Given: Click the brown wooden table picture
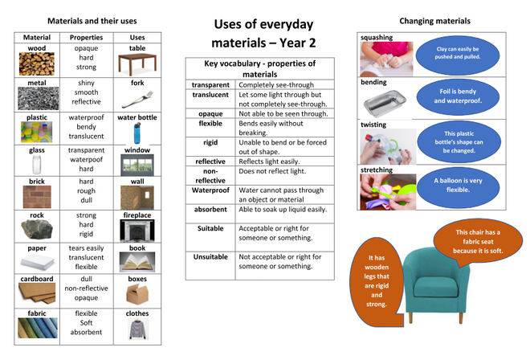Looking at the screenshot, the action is pyautogui.click(x=137, y=64).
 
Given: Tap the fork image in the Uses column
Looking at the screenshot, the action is pyautogui.click(x=137, y=100).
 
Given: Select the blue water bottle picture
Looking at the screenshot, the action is pyautogui.click(x=137, y=133).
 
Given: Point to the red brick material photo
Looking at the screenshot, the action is pyautogui.click(x=37, y=197).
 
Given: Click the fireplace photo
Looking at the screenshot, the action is pyautogui.click(x=137, y=231).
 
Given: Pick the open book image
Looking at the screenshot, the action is pyautogui.click(x=137, y=262).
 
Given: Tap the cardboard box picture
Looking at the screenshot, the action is pyautogui.click(x=137, y=294).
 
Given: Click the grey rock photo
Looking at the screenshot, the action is pyautogui.click(x=37, y=229).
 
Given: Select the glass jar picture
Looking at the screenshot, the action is pyautogui.click(x=36, y=164).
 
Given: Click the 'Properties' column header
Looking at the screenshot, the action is pyautogui.click(x=86, y=37).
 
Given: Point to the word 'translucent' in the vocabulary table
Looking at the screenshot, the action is pyautogui.click(x=210, y=95).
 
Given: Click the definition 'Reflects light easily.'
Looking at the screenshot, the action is pyautogui.click(x=269, y=162).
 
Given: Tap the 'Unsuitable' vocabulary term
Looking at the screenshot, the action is pyautogui.click(x=210, y=257).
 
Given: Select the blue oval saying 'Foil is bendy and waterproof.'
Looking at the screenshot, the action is pyautogui.click(x=458, y=96).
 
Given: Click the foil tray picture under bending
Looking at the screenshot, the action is pyautogui.click(x=385, y=104).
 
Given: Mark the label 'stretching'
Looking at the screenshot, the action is pyautogui.click(x=377, y=170).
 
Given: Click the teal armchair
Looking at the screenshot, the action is pyautogui.click(x=436, y=285).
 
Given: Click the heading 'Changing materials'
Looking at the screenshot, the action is pyautogui.click(x=434, y=21).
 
